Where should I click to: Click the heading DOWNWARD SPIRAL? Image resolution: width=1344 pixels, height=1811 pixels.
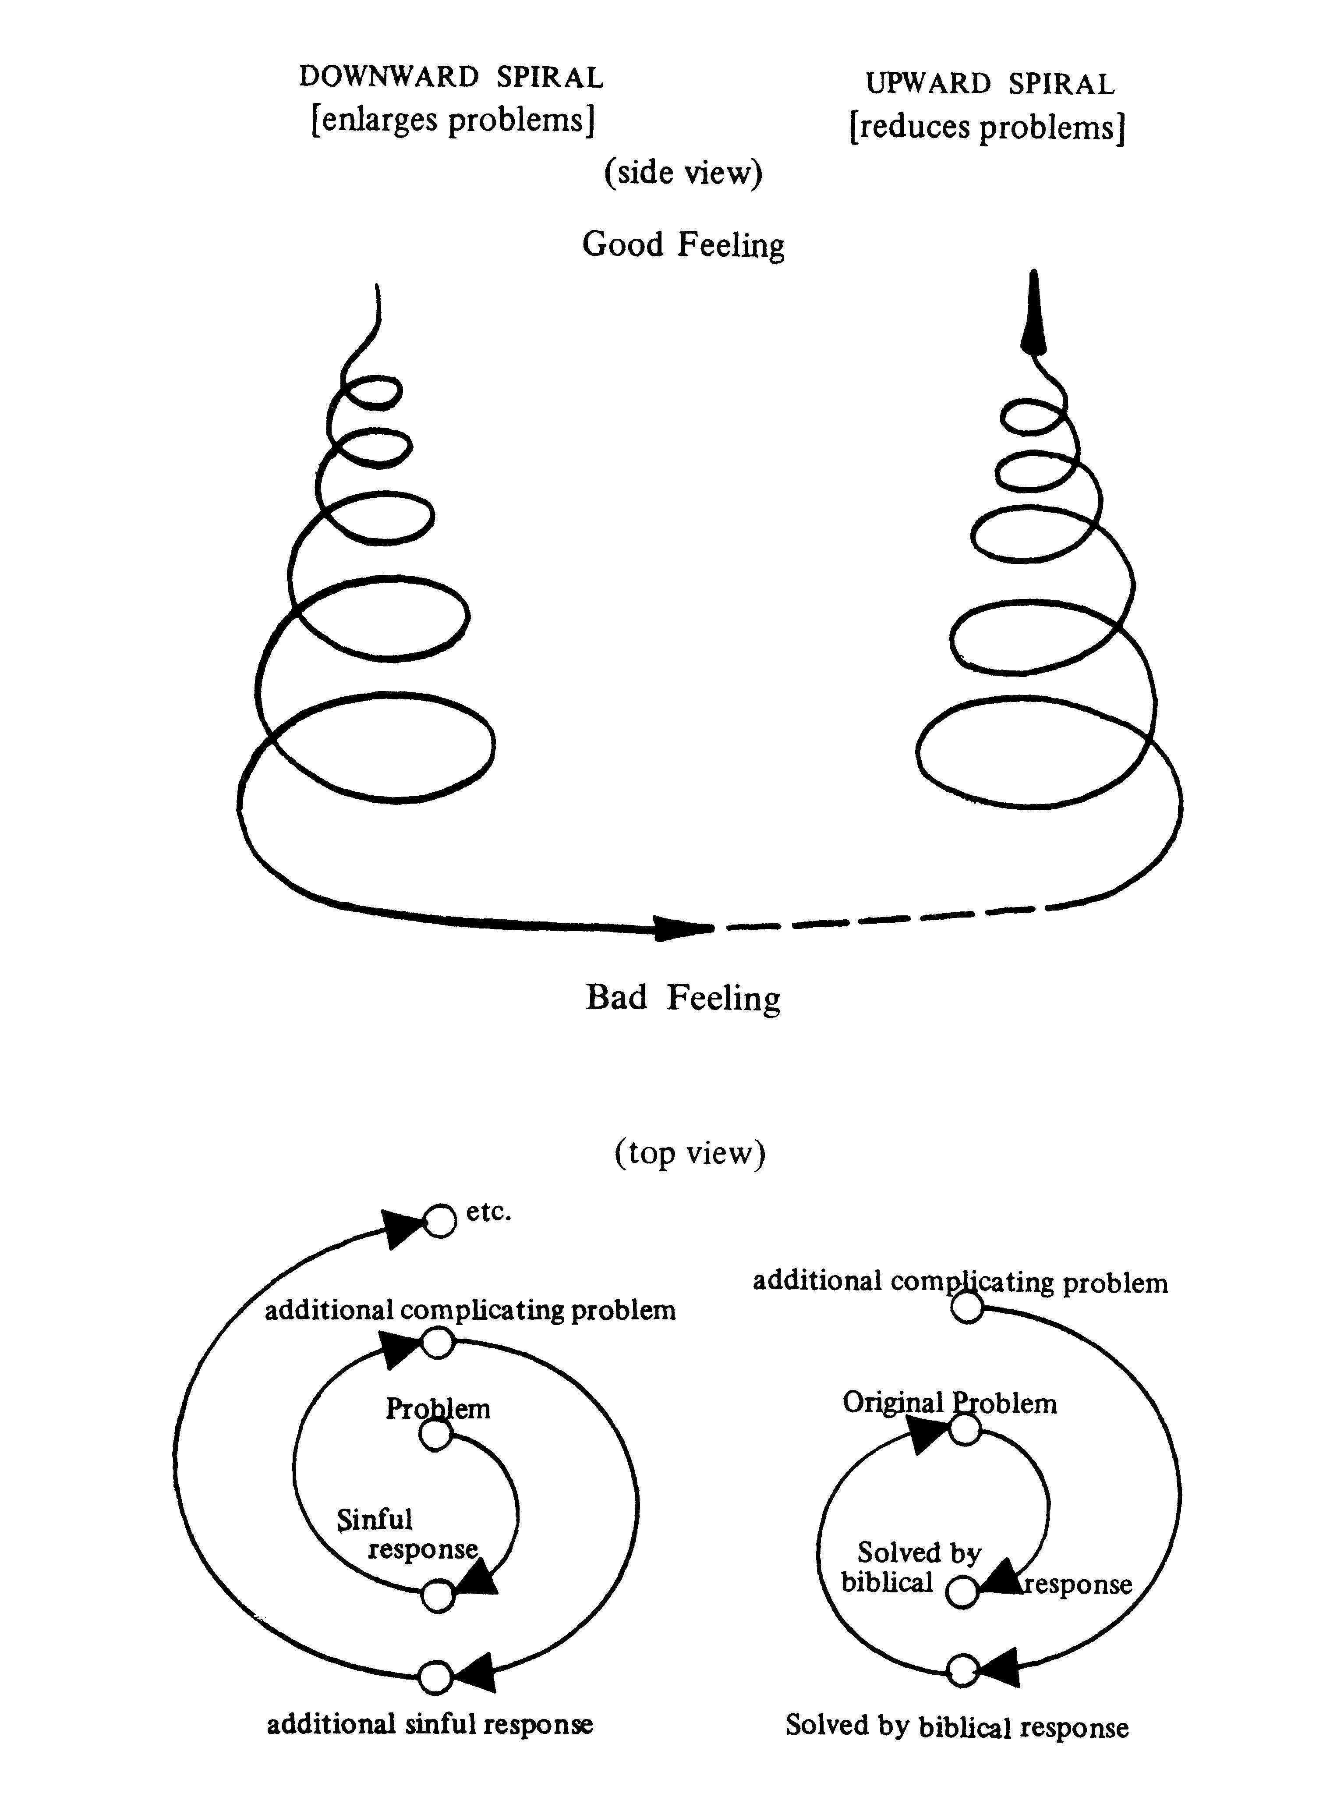[452, 77]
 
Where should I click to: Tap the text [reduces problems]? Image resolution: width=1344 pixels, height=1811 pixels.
[987, 128]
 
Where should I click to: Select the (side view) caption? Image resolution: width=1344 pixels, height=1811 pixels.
[683, 173]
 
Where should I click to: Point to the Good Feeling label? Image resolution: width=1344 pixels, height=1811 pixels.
[683, 244]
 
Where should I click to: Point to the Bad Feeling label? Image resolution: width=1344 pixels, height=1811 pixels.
[683, 997]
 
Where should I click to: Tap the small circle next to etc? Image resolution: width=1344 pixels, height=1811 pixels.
[440, 1220]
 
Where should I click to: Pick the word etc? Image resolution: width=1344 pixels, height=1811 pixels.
[489, 1212]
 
